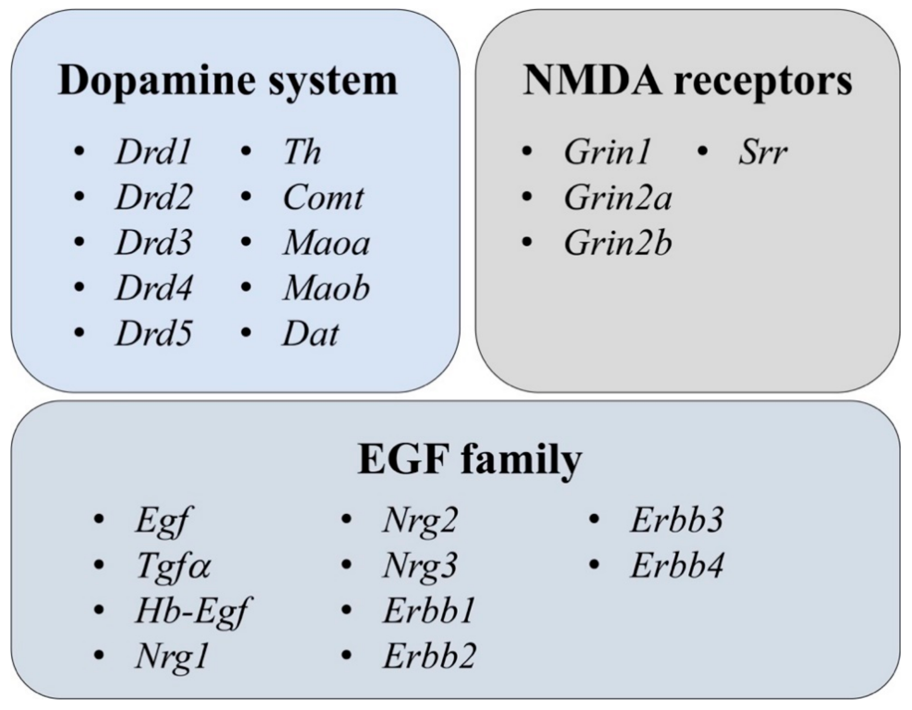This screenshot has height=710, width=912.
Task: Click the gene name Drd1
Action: click(153, 152)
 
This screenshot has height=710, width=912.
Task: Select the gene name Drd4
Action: click(153, 288)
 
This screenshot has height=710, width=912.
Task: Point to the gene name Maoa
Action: click(326, 243)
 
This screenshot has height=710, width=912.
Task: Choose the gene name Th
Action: click(302, 152)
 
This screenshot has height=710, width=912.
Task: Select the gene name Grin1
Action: click(606, 152)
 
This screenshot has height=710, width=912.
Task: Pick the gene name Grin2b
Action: click(617, 243)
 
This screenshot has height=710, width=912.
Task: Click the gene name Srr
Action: click(762, 152)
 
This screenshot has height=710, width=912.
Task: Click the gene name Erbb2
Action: click(429, 657)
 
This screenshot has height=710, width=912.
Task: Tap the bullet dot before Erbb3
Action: click(594, 519)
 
